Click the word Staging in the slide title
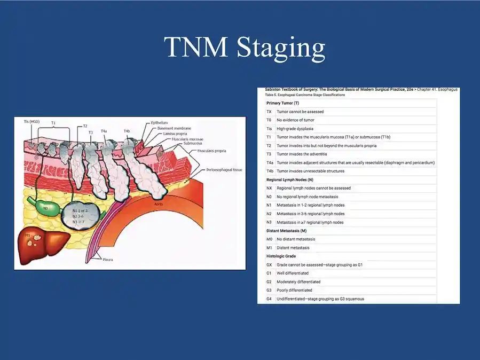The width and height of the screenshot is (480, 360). [x=280, y=48]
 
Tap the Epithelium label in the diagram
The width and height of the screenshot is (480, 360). [x=160, y=122]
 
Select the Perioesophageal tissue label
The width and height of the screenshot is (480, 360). [x=224, y=170]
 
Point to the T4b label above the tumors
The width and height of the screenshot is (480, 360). [x=127, y=131]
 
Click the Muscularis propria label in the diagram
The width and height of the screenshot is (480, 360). [x=210, y=151]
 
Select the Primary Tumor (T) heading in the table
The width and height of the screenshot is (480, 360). [x=282, y=103]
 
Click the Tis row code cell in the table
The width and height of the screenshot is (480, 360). [x=270, y=129]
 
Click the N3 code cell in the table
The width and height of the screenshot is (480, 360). [x=270, y=222]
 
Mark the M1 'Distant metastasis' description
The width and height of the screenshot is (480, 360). [x=293, y=248]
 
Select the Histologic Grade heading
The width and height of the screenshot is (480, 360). [x=281, y=256]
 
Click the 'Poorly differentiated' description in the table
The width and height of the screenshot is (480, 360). [x=294, y=290]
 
